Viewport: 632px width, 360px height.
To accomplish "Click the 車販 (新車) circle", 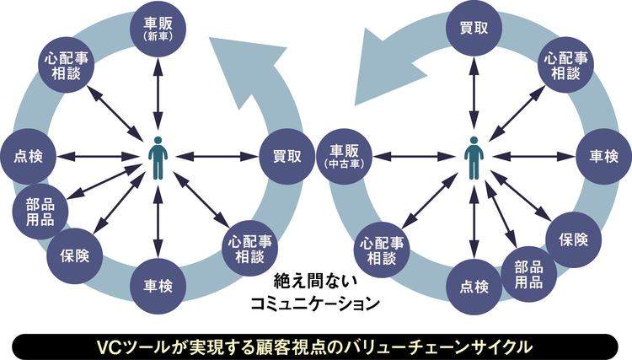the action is tap(158, 29).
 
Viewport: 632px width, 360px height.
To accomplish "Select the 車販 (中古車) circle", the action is tap(344, 157).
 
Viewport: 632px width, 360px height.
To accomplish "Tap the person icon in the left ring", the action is tap(158, 158).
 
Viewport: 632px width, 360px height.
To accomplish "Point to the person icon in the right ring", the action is tap(474, 158).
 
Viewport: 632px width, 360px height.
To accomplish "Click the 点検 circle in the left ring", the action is tap(28, 157).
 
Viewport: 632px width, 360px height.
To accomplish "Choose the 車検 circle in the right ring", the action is tap(603, 157).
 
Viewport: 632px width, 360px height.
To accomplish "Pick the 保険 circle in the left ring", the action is tap(74, 256).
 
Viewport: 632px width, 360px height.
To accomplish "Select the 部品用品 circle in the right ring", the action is tap(529, 274).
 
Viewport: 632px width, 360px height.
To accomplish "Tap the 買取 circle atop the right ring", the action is tap(474, 28).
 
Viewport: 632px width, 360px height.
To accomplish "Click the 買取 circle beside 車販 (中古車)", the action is tap(287, 157).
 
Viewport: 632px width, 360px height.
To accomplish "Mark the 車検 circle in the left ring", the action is tap(158, 286).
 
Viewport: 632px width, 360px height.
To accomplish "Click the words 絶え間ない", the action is tap(316, 282).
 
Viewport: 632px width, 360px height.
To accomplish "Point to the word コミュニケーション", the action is tap(316, 304).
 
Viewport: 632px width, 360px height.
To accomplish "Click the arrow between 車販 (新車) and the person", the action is tap(158, 93).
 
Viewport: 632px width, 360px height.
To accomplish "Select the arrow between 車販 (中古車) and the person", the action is tap(414, 157).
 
